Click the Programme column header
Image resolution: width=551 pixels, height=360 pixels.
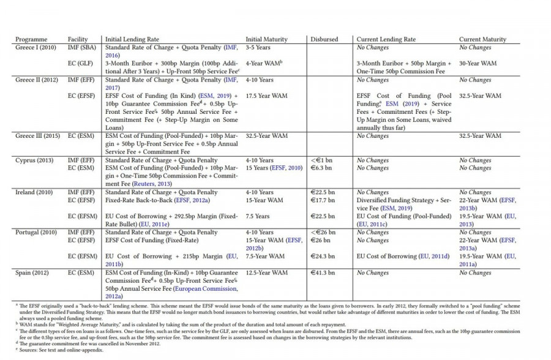31,39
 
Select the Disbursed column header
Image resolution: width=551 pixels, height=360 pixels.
324,39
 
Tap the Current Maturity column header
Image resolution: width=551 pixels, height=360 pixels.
483,39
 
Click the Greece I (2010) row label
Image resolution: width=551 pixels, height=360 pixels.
36,47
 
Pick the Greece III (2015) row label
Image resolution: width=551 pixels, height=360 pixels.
38,135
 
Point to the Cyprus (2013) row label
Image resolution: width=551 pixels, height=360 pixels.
34,160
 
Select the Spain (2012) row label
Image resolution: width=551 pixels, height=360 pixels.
32,272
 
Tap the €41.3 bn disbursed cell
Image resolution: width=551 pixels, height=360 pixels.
323,272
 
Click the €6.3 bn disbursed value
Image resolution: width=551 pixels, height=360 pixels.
321,168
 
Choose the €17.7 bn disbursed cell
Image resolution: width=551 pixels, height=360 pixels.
323,200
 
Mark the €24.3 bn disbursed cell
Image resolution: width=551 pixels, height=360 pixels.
323,256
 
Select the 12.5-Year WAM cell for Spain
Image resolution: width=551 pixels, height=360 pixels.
267,272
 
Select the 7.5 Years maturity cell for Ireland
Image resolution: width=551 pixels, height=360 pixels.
258,216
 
